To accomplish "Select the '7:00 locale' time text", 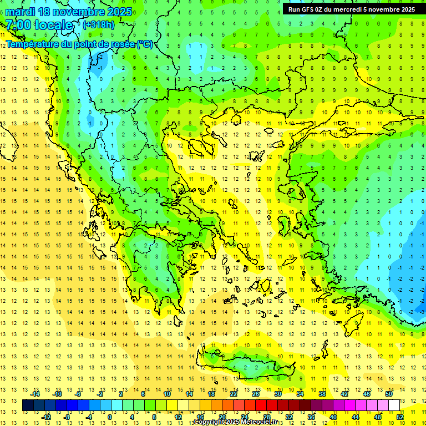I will [39, 25].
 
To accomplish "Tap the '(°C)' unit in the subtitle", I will [145, 44].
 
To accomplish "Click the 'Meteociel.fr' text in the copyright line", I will [259, 422].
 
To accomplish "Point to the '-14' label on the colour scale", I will [35, 394].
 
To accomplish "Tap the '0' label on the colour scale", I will [110, 417].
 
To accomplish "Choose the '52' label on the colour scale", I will [399, 417].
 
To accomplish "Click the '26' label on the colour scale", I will [255, 394].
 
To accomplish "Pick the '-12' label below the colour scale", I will [47, 417].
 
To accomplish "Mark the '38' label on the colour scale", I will [322, 394].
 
